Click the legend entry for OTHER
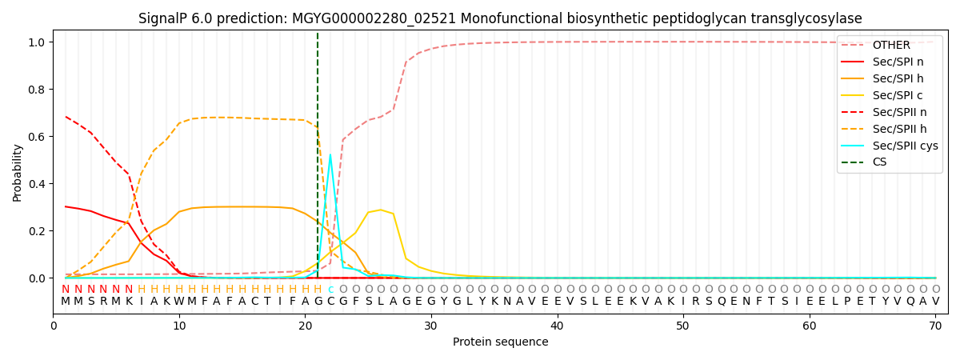click(891, 46)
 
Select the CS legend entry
click(879, 162)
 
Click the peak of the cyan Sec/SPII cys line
click(330, 155)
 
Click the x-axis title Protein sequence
click(501, 342)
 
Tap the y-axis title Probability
click(18, 173)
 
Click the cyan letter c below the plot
click(330, 290)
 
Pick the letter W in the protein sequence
click(179, 302)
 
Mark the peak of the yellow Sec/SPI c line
click(381, 210)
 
